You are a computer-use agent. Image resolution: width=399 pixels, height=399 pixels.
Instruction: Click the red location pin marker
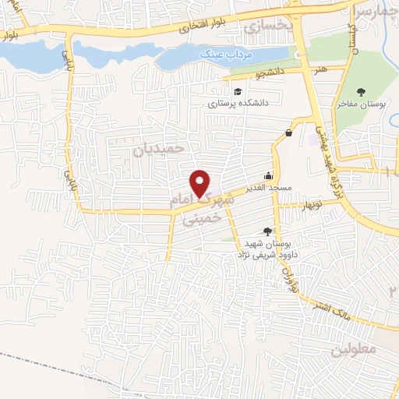(x=201, y=182)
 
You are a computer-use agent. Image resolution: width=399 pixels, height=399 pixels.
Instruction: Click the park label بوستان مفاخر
(x=362, y=103)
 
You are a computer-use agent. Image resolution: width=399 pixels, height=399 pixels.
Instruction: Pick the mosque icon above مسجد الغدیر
(x=269, y=175)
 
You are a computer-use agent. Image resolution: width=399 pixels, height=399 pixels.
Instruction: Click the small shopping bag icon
(x=290, y=133)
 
